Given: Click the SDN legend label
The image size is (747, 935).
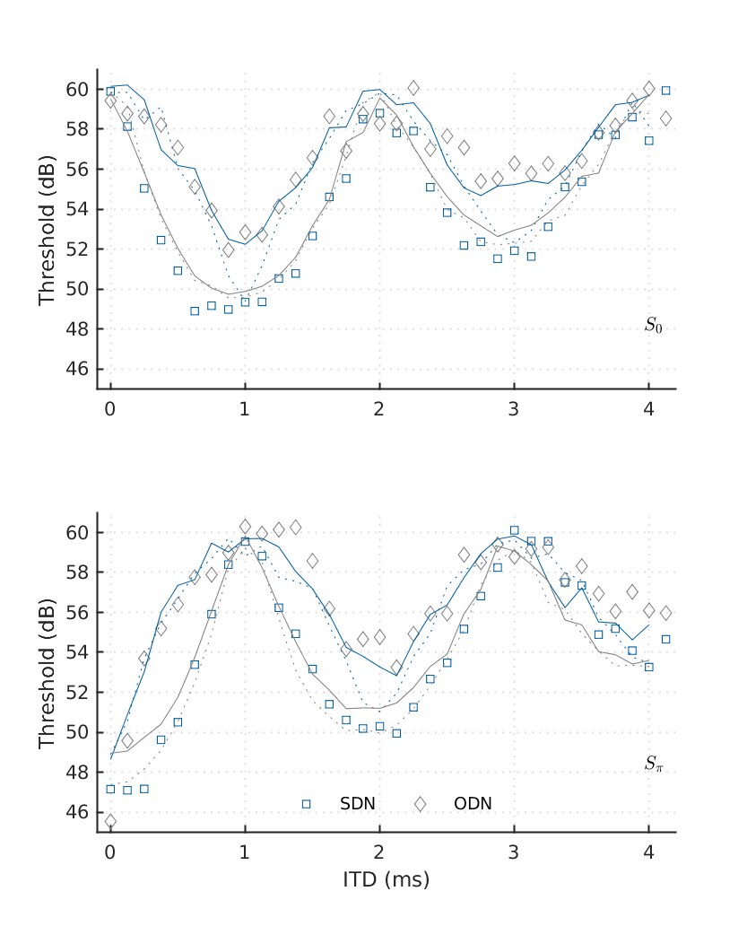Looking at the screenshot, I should (x=358, y=804).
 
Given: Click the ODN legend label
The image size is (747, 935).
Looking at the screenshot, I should (x=473, y=804).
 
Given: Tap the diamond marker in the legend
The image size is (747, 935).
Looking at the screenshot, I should (x=420, y=804).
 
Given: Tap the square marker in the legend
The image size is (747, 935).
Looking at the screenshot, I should (x=306, y=804).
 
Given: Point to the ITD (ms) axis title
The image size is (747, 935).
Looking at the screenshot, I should (x=387, y=879).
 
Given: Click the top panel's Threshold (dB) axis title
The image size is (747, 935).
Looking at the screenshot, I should (x=47, y=230).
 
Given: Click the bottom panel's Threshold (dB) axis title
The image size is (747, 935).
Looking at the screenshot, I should (x=47, y=673).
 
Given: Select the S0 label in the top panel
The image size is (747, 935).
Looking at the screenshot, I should (x=654, y=326).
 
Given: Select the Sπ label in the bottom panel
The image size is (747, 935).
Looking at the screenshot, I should (x=654, y=765).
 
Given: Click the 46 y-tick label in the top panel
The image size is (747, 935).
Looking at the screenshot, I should (x=77, y=370).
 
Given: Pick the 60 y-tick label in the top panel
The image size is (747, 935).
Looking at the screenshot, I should (x=77, y=90).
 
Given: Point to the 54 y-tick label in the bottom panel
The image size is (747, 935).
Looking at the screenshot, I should (x=77, y=652).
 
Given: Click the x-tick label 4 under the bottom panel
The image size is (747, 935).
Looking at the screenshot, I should (x=648, y=852).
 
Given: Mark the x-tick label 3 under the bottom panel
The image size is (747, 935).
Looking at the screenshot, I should (x=514, y=852).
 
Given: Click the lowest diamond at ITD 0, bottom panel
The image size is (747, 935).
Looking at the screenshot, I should (x=110, y=821).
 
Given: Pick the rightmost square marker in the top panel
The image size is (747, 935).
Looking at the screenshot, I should (x=665, y=90).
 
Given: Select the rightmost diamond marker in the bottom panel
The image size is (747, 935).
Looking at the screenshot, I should (x=665, y=613).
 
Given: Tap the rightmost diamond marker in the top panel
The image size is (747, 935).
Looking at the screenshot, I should (x=665, y=118).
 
